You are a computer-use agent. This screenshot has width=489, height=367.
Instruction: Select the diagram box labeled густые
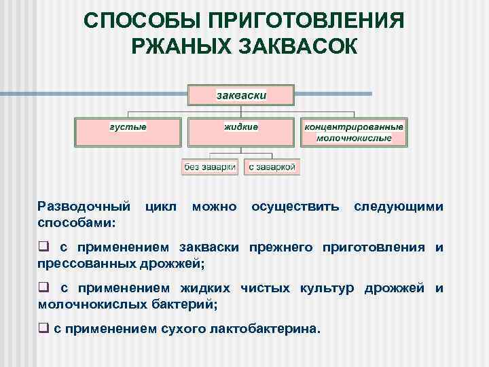[128, 132]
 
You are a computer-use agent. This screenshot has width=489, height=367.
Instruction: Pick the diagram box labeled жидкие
[241, 132]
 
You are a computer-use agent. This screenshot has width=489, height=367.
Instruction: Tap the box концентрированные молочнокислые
[354, 132]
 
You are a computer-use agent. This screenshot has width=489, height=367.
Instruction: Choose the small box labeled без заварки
[210, 167]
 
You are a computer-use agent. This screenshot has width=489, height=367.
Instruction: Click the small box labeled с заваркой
[272, 167]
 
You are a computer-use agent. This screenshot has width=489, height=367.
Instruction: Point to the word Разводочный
[84, 207]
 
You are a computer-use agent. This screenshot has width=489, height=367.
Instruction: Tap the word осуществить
[295, 207]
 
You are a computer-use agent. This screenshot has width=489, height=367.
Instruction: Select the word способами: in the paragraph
[77, 222]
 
